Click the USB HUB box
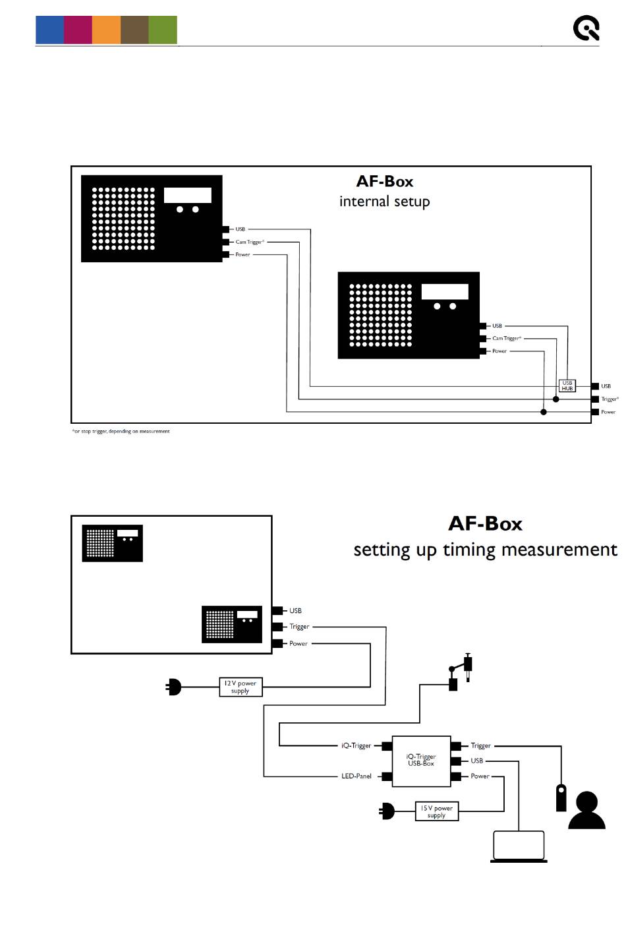click(x=567, y=386)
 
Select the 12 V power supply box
click(x=241, y=687)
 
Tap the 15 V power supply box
click(x=437, y=811)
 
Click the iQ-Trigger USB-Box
click(x=421, y=761)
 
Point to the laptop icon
click(x=519, y=847)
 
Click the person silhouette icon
click(x=586, y=809)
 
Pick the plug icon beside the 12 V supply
click(x=173, y=687)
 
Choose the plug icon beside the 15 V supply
click(x=387, y=811)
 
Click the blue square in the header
click(x=49, y=30)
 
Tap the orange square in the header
click(x=107, y=30)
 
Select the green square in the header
click(x=163, y=30)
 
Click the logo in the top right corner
click(x=586, y=28)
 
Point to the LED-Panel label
click(x=356, y=776)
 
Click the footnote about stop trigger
click(x=121, y=431)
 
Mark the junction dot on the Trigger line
click(x=556, y=399)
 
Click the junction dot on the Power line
click(x=544, y=412)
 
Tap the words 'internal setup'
click(x=384, y=202)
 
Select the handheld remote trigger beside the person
click(x=561, y=797)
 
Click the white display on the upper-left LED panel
click(x=188, y=195)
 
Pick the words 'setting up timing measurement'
click(x=485, y=550)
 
